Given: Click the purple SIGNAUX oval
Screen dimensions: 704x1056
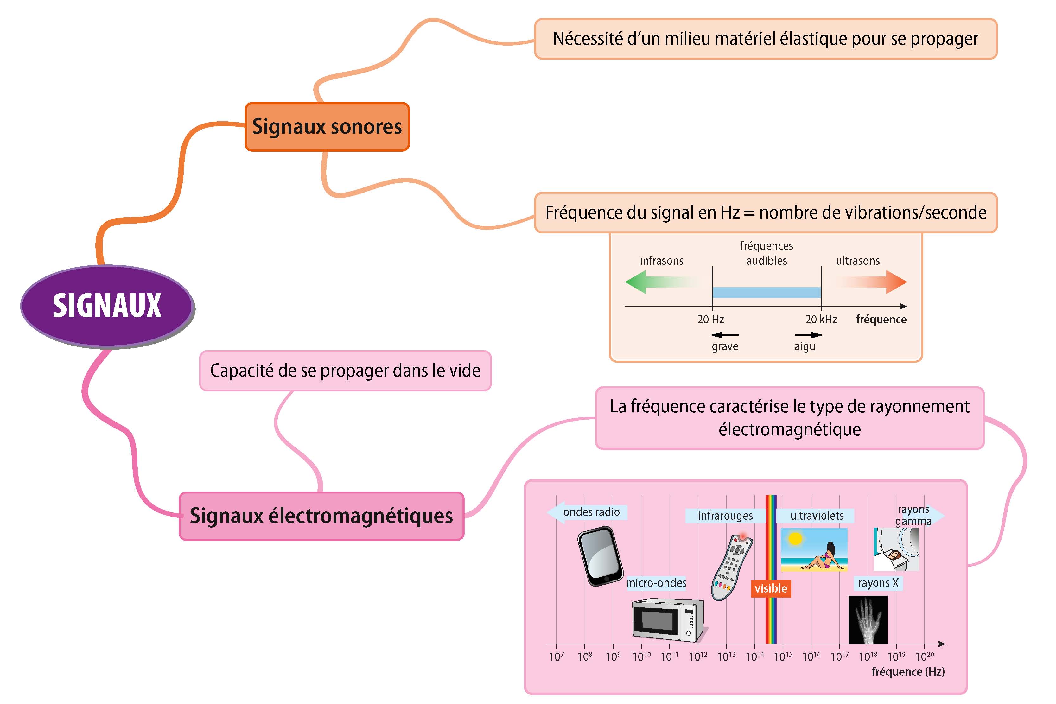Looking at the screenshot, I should [107, 306].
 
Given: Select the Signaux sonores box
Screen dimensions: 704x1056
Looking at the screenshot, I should [327, 127].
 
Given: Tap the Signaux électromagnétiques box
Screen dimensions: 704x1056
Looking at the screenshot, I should [321, 516].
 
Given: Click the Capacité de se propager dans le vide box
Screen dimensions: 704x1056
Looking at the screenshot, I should [345, 371].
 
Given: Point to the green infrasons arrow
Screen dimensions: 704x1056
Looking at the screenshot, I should [651, 282].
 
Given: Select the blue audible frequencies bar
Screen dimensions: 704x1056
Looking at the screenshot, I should [767, 293].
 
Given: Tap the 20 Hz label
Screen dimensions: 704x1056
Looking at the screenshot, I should [711, 319].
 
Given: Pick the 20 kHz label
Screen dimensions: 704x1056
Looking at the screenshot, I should [821, 319].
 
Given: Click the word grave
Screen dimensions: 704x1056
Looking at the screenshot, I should [725, 346].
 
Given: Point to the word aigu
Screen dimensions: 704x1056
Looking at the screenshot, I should [805, 346].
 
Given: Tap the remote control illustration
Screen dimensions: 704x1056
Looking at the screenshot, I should [732, 567].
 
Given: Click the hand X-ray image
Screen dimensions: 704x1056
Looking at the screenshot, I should [868, 619].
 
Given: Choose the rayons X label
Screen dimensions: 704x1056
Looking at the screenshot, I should [878, 583].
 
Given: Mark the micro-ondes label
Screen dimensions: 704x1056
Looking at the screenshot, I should [656, 583].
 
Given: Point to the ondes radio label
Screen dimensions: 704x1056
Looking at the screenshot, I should [591, 512].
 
